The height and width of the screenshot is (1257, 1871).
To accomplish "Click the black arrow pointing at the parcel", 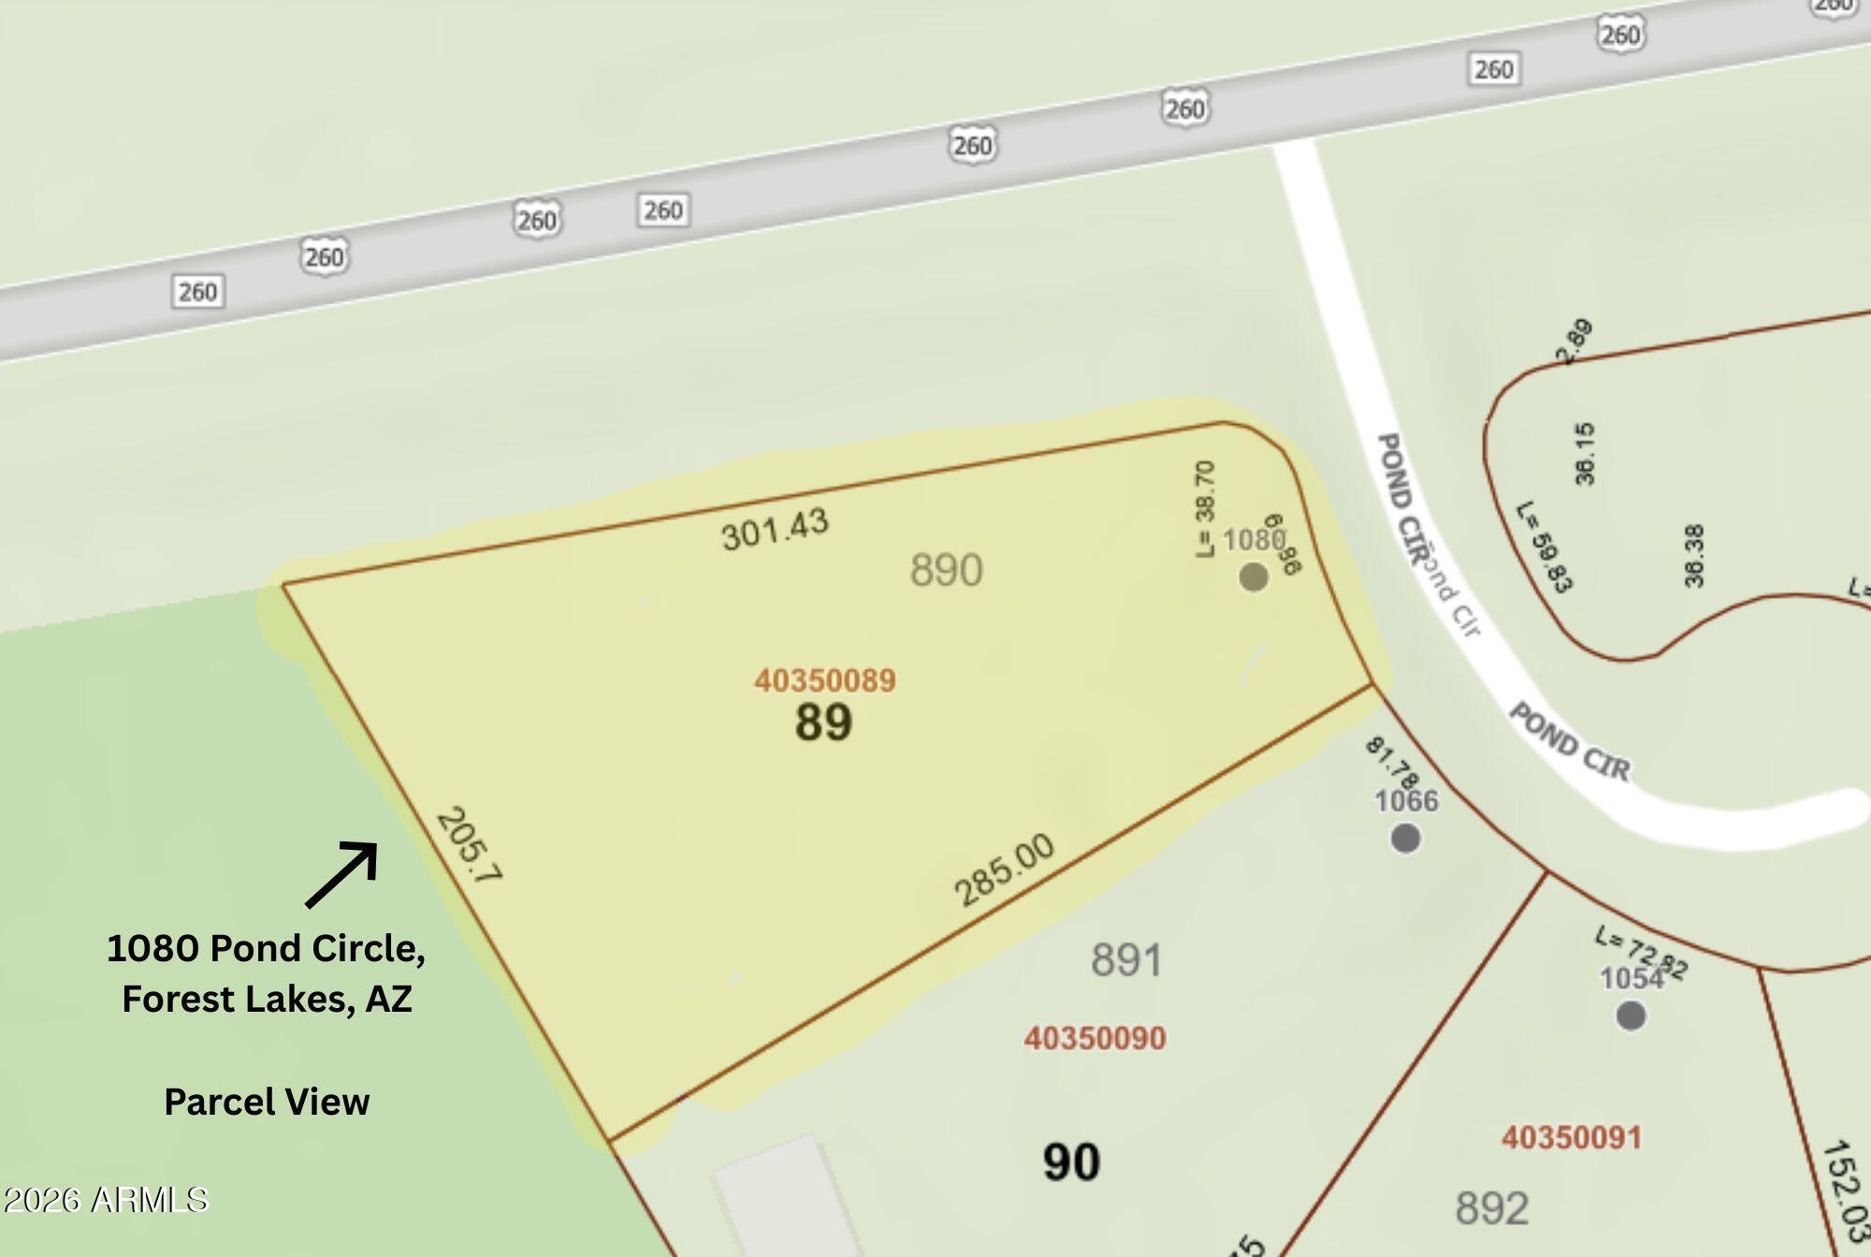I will coord(342,874).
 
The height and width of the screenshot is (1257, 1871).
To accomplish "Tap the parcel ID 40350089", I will coord(825,680).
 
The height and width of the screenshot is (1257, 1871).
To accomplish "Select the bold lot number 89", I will coord(823,723).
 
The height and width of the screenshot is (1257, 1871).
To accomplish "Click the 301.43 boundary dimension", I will coord(775,530).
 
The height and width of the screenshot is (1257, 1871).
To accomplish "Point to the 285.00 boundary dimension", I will coord(1004,870).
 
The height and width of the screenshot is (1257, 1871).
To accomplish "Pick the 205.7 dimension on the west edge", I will coord(469,845).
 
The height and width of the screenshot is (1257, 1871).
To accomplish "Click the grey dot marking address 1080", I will coord(1254,577).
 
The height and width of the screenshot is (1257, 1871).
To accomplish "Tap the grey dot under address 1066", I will coord(1405,839).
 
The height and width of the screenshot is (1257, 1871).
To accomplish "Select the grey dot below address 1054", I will coord(1631,1016).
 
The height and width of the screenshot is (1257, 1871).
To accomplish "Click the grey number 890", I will coord(946,570).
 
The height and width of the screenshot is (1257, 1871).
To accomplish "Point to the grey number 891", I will coord(1126,960).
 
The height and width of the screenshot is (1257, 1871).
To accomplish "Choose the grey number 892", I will coord(1492,1208).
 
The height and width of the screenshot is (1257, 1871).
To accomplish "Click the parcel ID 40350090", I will coord(1095,1038).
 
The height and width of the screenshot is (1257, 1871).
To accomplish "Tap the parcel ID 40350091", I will coord(1572,1137).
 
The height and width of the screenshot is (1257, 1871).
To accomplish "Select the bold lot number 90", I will coord(1071,1162).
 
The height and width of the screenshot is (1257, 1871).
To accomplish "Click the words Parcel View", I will coord(267,1102).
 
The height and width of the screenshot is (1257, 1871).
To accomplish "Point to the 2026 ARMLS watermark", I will coord(105,1200).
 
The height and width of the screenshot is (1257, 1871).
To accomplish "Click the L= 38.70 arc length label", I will coord(1206,509).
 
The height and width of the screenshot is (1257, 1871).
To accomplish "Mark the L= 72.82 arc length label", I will coord(1642,953).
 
